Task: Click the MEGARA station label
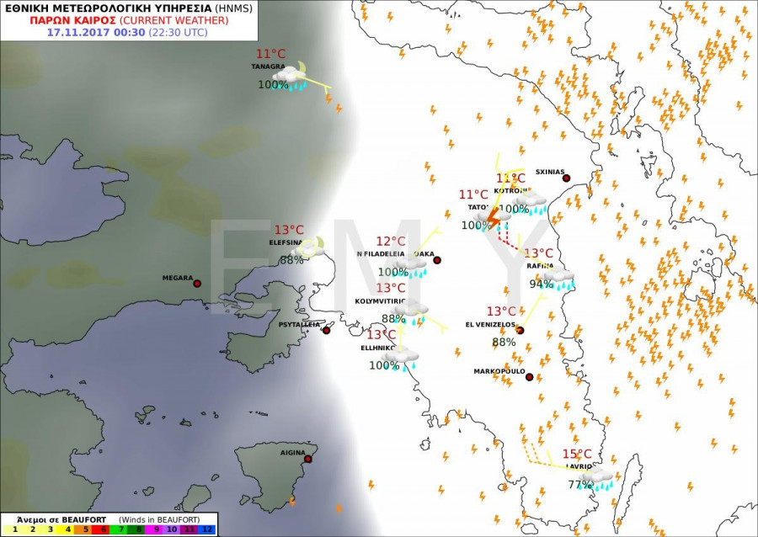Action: (x=178, y=279)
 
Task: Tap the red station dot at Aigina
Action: (x=308, y=459)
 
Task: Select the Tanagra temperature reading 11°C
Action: (x=271, y=54)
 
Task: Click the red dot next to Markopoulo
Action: (x=529, y=377)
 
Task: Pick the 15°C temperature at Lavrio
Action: (x=577, y=455)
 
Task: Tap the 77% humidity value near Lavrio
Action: (x=579, y=485)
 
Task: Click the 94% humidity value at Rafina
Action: (x=542, y=284)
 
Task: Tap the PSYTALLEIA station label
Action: (x=299, y=323)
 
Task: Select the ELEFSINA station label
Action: (x=286, y=241)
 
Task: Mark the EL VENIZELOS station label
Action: (x=490, y=324)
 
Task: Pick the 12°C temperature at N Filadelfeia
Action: (x=391, y=242)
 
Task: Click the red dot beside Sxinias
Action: (x=566, y=178)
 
